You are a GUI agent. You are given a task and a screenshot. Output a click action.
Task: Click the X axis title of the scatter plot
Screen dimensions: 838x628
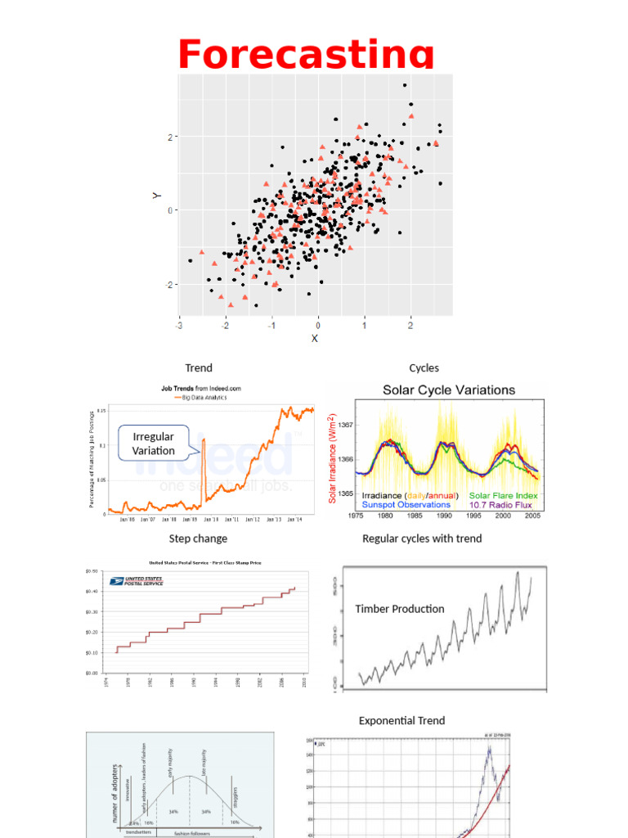314,338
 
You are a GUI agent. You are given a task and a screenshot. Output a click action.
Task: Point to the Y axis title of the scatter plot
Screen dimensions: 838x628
155,196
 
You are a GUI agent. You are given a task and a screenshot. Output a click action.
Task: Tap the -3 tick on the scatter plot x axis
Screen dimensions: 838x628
179,325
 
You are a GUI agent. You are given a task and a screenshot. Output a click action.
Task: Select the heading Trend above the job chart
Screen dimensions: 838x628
198,368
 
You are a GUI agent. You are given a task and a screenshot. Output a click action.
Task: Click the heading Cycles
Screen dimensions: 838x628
424,368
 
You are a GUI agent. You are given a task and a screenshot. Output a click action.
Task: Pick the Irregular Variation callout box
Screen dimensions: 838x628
154,444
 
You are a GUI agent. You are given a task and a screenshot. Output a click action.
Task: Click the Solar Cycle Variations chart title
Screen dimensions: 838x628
449,390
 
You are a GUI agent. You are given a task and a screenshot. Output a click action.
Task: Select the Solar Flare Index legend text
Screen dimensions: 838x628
503,496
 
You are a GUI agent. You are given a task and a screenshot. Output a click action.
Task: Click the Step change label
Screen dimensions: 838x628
198,538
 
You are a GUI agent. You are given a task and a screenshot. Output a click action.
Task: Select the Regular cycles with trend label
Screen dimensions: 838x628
422,538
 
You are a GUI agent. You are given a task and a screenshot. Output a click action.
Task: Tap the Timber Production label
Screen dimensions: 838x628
400,609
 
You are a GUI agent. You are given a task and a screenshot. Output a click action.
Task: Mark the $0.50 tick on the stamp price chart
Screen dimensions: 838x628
92,570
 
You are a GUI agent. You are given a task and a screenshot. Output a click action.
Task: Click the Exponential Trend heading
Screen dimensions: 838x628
401,720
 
